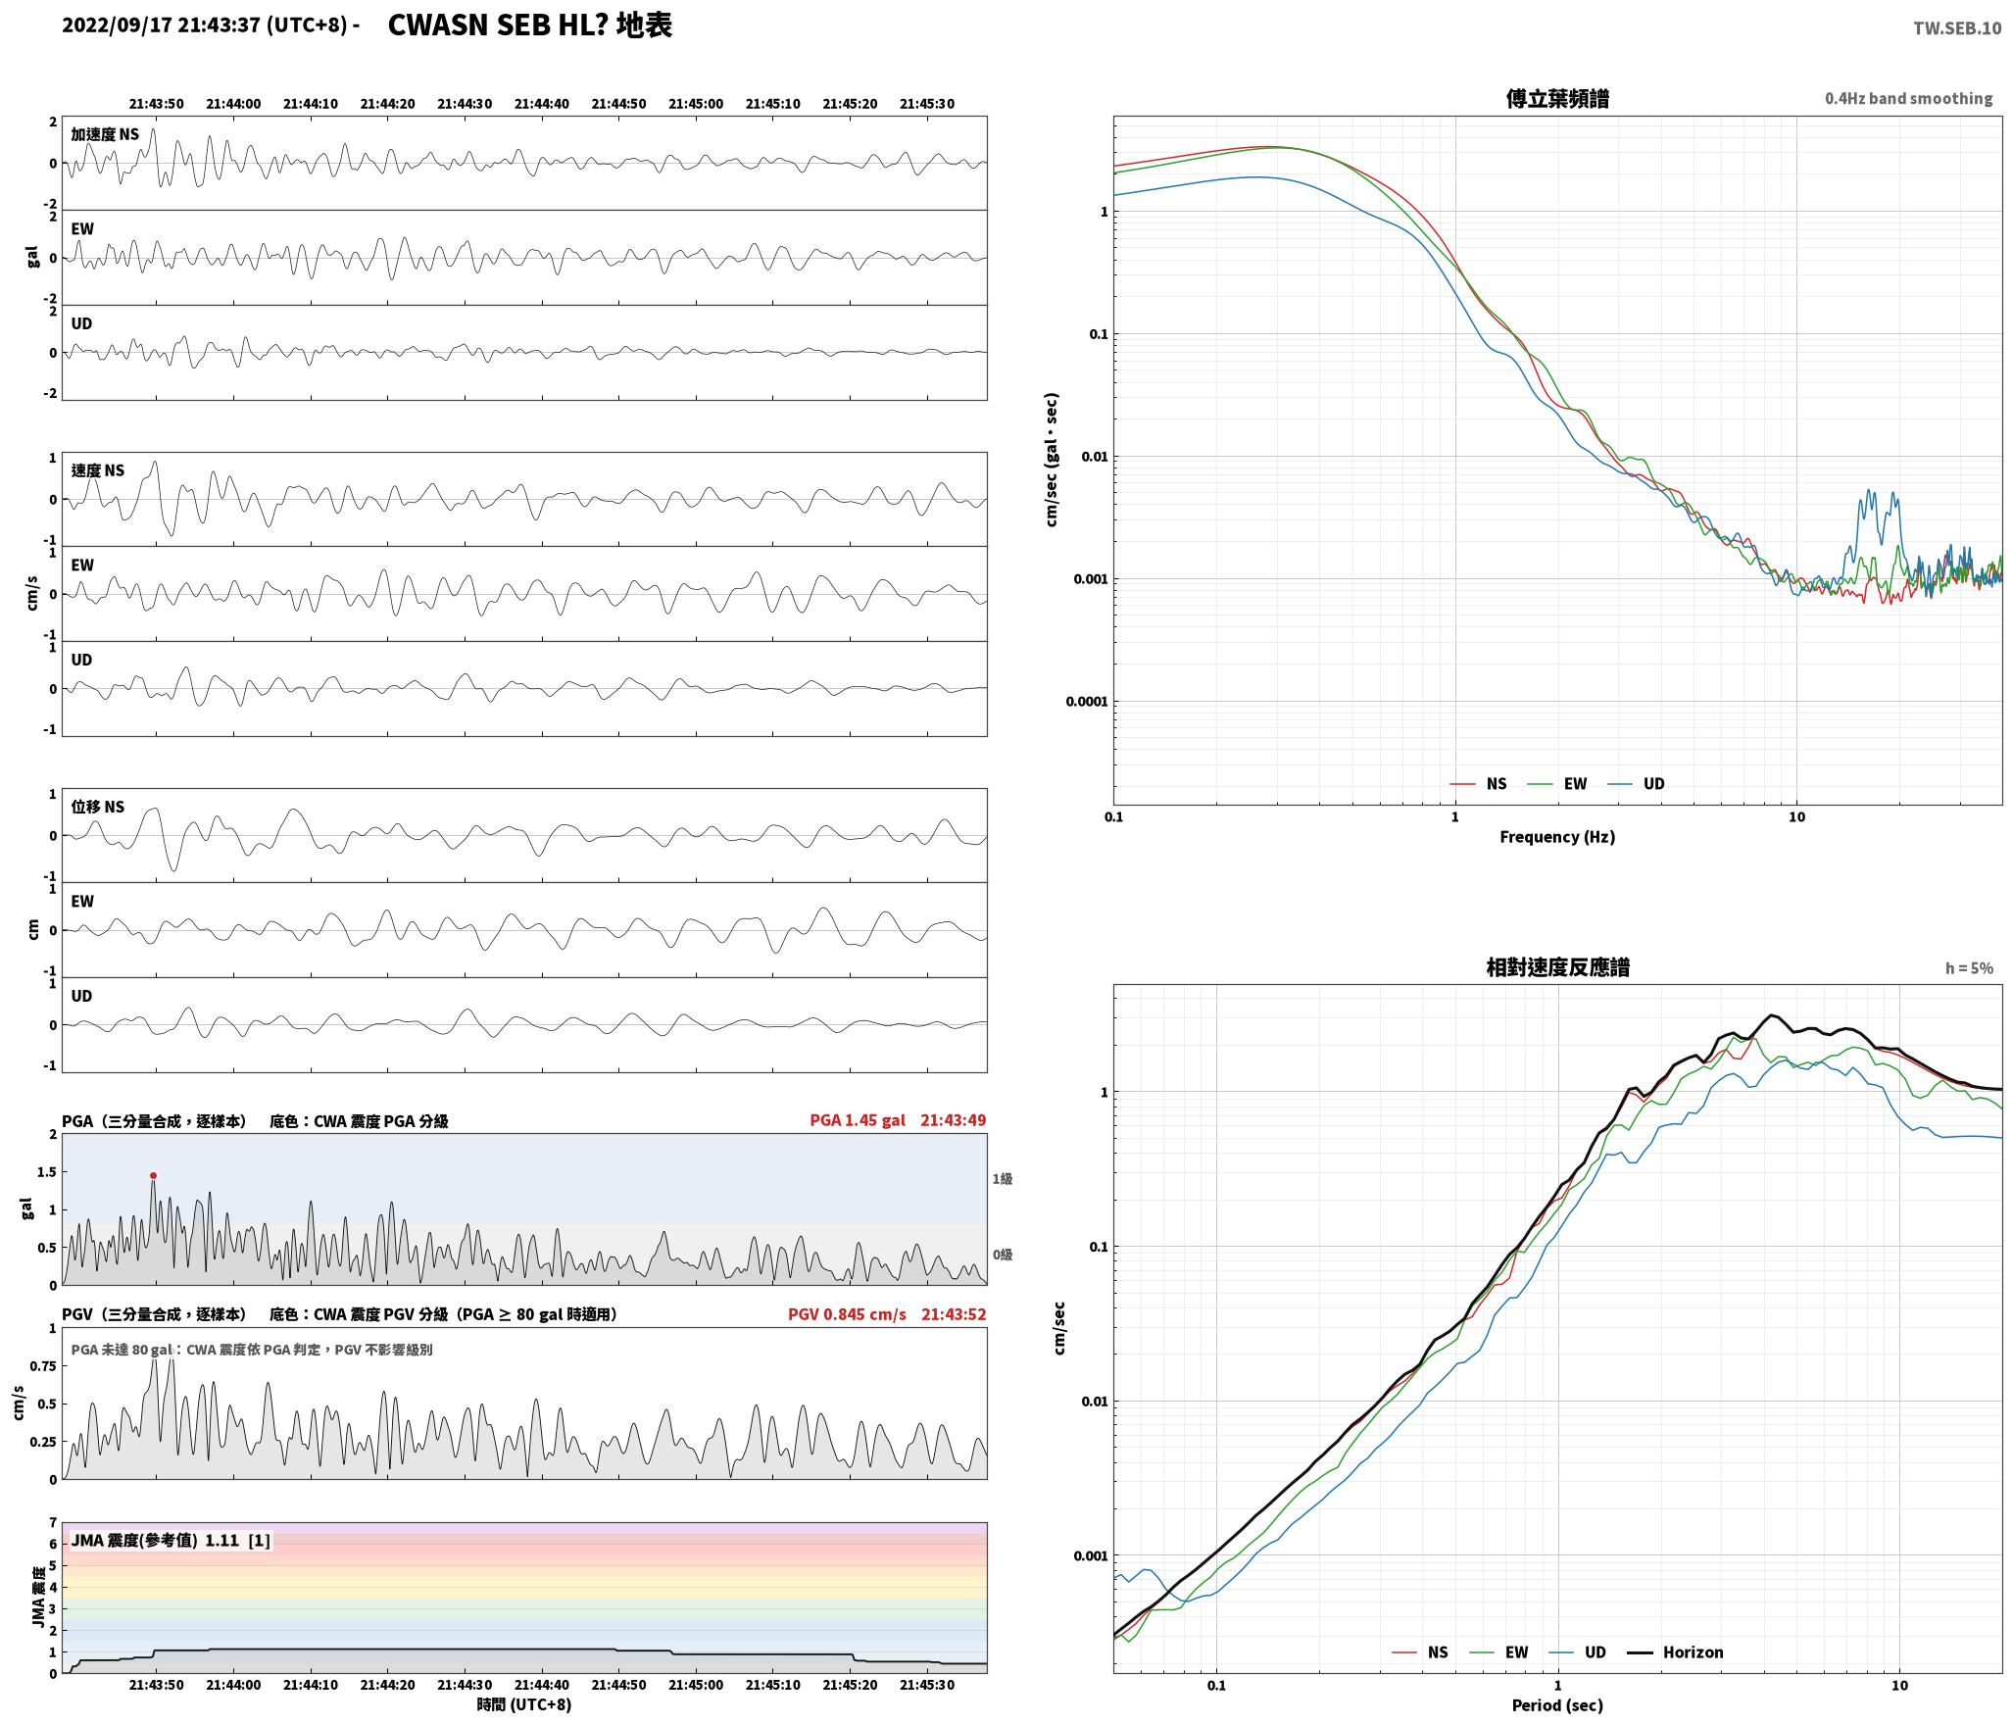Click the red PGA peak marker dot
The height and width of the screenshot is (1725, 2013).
click(153, 1175)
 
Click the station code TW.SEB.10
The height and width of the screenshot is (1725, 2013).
click(1957, 28)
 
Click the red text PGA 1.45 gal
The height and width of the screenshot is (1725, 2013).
click(858, 1120)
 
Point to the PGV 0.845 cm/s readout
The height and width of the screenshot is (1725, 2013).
click(847, 1314)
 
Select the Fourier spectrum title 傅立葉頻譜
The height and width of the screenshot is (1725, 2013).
click(1557, 98)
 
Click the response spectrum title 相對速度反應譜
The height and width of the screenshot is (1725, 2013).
click(1557, 967)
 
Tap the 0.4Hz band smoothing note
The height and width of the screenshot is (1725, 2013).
click(1908, 99)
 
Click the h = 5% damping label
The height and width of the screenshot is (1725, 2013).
click(1969, 968)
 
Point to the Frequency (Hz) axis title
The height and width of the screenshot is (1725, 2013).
click(1557, 837)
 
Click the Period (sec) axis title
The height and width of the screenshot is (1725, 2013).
click(1557, 1705)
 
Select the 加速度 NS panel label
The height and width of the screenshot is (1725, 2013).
click(105, 135)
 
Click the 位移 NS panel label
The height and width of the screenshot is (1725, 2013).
click(98, 807)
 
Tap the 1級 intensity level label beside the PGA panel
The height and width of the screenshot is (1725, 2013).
click(1002, 1179)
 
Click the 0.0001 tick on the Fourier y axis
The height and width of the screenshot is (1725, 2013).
click(1087, 702)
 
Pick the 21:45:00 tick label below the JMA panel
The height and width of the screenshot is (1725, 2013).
click(696, 1685)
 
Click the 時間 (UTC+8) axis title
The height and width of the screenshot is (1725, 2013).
click(523, 1704)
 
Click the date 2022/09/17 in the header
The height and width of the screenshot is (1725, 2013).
click(118, 25)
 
